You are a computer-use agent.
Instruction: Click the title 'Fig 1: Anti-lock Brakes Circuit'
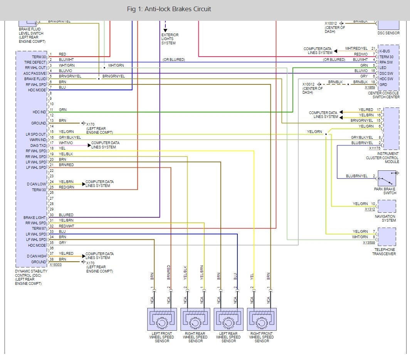click(x=169, y=9)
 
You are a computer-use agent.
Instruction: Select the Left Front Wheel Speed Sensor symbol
click(x=162, y=319)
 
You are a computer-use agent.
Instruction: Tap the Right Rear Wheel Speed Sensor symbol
click(x=195, y=319)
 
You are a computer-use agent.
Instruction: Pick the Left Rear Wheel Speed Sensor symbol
click(x=229, y=319)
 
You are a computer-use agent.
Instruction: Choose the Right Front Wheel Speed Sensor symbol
click(x=262, y=319)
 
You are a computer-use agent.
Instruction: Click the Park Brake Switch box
click(x=386, y=178)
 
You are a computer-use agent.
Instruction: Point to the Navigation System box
click(x=386, y=206)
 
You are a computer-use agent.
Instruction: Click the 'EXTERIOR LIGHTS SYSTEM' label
click(x=170, y=39)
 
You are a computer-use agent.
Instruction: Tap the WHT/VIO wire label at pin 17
click(x=66, y=143)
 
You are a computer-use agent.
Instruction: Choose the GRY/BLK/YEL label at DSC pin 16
click(x=70, y=137)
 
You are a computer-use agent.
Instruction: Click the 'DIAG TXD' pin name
click(x=39, y=146)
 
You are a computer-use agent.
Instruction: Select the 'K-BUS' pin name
click(x=385, y=51)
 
